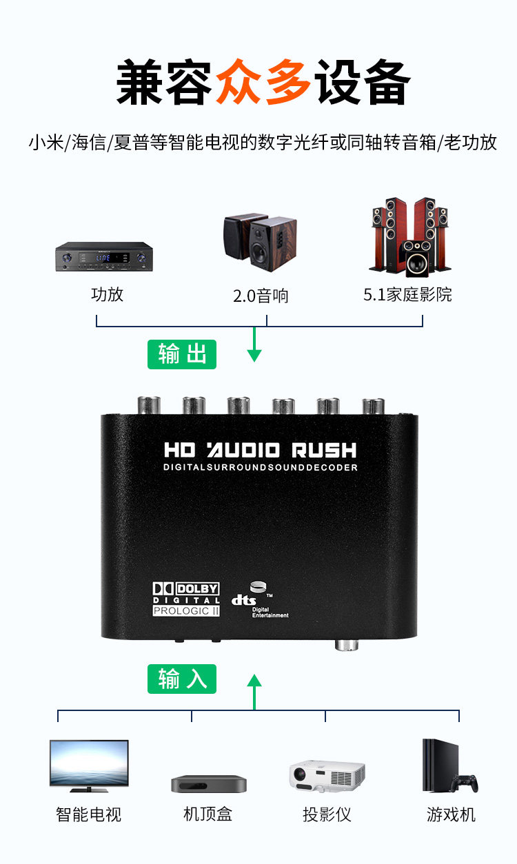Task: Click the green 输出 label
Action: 182,354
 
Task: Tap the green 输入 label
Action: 182,679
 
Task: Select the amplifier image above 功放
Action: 103,257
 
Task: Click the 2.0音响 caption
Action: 261,296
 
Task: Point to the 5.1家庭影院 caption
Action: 407,295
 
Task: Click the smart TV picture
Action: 89,763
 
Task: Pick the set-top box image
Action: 209,783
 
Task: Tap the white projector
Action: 326,776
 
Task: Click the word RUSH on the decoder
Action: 323,451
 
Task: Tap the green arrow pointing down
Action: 254,344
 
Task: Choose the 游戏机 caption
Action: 451,814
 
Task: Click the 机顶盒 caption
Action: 208,814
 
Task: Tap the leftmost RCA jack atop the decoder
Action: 149,406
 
